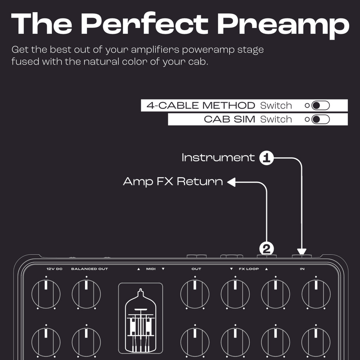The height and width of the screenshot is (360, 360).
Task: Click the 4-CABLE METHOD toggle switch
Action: [320, 106]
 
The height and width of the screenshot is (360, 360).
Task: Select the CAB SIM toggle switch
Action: [320, 119]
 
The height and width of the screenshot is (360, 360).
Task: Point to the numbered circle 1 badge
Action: [266, 158]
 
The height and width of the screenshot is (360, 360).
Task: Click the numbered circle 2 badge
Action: [266, 249]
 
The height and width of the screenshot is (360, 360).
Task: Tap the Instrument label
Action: [218, 157]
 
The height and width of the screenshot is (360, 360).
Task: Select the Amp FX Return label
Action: [173, 182]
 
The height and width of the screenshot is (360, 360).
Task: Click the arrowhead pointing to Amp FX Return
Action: [231, 182]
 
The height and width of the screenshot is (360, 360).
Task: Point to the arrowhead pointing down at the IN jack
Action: [301, 252]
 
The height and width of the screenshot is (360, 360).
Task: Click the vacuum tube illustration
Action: [140, 320]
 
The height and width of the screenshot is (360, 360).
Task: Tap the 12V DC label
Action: [54, 269]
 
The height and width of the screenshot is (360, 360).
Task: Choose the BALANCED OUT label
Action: [90, 269]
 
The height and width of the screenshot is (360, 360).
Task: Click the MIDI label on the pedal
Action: [151, 269]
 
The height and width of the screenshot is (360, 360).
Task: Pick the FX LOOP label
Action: [249, 269]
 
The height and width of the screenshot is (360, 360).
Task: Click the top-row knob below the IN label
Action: [316, 294]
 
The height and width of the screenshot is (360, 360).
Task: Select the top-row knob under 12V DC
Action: [46, 294]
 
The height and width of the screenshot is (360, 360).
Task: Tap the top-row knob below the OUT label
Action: [195, 294]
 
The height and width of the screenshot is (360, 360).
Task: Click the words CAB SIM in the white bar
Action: [229, 119]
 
